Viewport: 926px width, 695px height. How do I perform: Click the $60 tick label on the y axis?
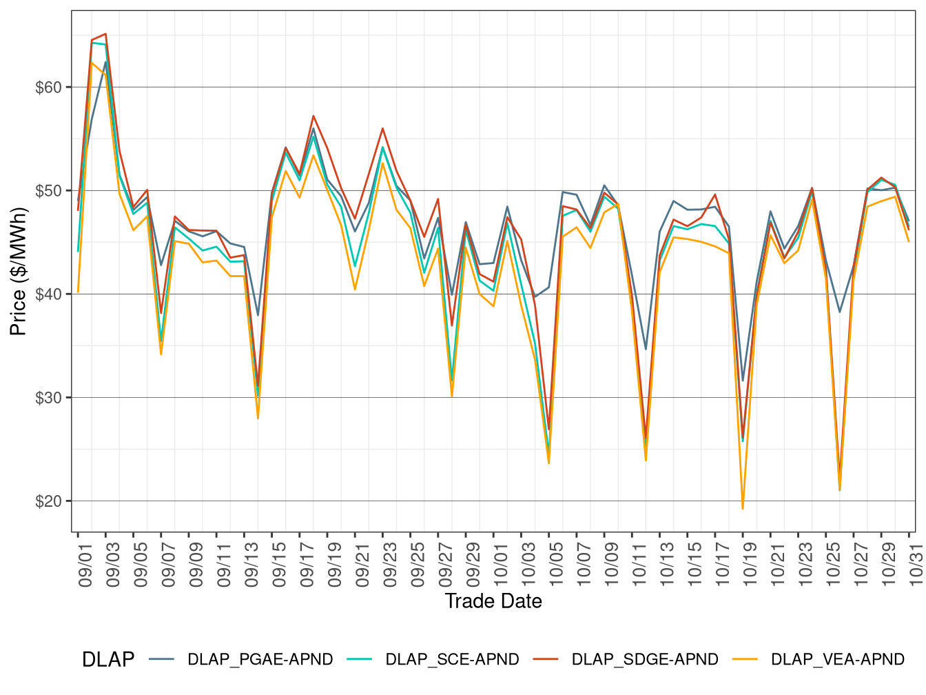(48, 88)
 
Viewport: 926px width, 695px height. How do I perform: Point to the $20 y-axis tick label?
(48, 501)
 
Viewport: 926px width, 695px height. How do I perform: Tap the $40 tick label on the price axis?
(48, 294)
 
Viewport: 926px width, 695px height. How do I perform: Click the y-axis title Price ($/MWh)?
(19, 272)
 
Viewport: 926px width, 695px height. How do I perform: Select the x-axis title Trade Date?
(493, 601)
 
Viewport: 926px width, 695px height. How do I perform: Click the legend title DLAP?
(108, 660)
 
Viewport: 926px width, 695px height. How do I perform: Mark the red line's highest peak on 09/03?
(105, 33)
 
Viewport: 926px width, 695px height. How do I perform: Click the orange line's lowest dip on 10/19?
(743, 509)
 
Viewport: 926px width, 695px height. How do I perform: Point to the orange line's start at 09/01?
(78, 292)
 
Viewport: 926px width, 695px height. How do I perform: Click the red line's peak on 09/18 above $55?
(313, 116)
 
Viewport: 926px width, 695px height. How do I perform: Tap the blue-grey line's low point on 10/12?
(646, 349)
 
